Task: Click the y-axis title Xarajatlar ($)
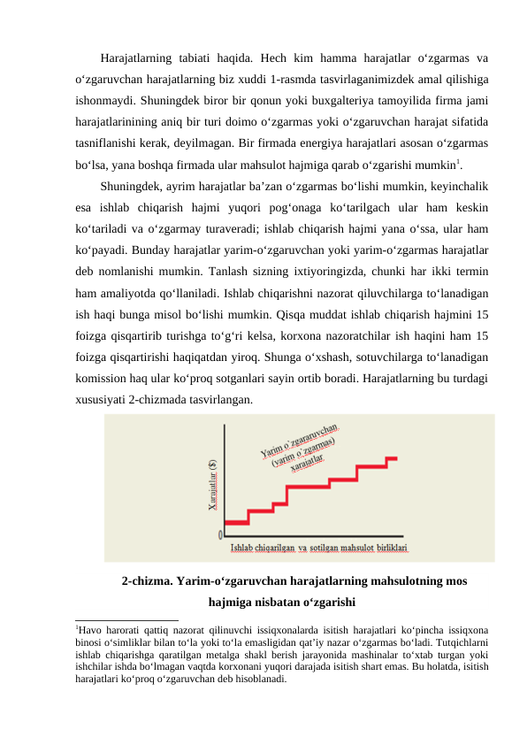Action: coord(212,485)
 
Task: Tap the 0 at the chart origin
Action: coord(220,535)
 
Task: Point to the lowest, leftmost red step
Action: coord(235,523)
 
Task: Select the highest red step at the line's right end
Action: coord(392,457)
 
